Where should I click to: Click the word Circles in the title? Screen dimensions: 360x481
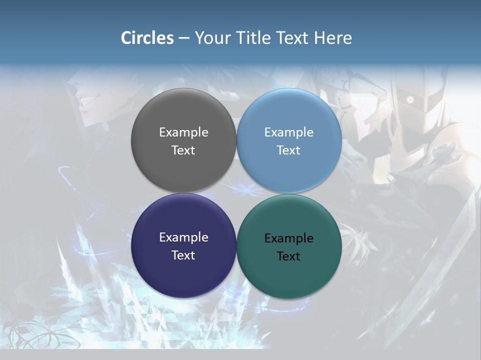(x=147, y=38)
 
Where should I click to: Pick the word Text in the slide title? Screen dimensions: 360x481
(x=293, y=38)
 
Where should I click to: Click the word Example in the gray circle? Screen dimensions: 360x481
(x=183, y=132)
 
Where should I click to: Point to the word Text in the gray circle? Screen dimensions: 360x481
(x=183, y=150)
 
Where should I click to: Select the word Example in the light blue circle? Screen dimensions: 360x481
(x=289, y=132)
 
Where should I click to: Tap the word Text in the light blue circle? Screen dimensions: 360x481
(x=289, y=150)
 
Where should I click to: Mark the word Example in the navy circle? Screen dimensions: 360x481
(x=183, y=237)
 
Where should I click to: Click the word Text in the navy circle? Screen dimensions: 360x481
(x=183, y=255)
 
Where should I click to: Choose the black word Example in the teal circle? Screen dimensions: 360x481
(x=289, y=238)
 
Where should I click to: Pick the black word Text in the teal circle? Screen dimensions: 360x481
(x=289, y=256)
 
